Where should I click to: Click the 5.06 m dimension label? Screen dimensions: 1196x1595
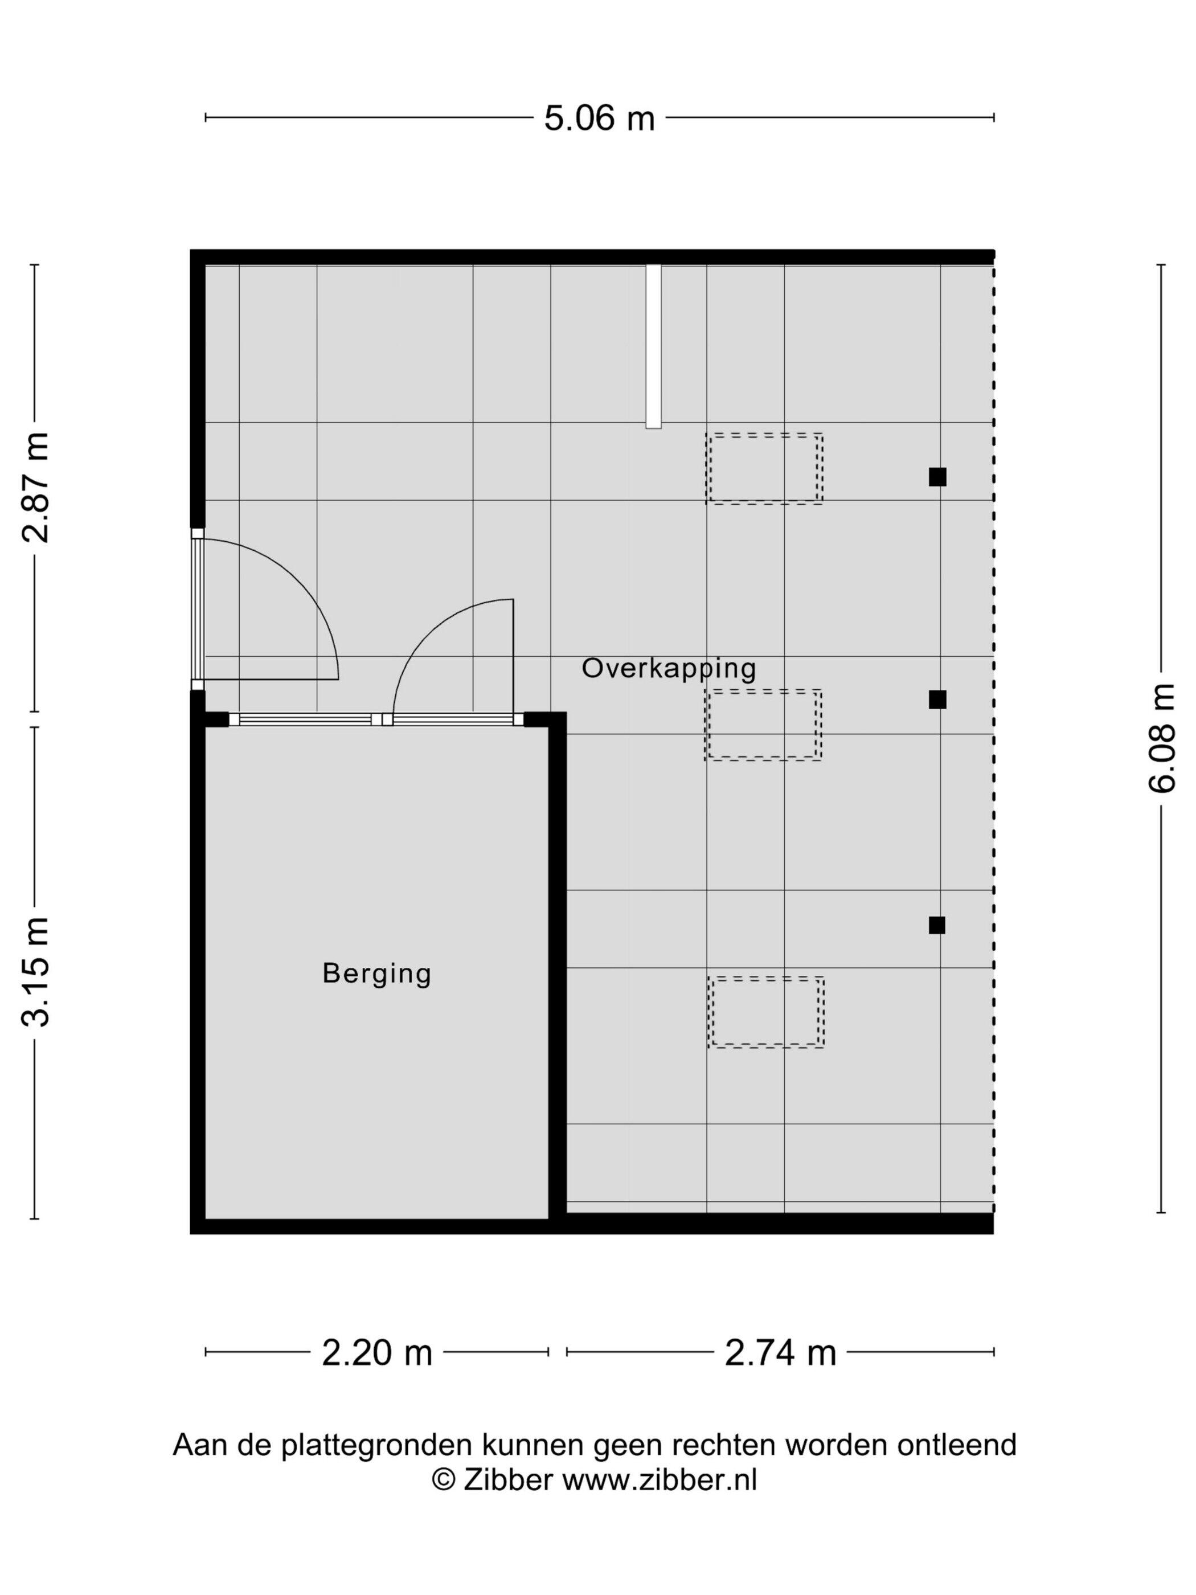click(599, 117)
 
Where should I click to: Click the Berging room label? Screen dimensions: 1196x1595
click(376, 974)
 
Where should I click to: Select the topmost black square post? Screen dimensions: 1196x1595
click(937, 477)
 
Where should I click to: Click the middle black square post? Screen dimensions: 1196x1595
click(937, 700)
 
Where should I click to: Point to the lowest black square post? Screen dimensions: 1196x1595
click(936, 925)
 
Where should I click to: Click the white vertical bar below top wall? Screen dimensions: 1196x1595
click(653, 346)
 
